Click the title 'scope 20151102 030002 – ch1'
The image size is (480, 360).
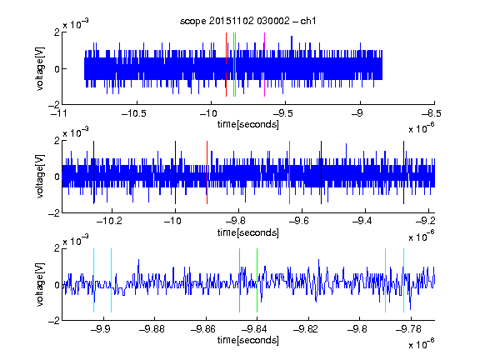(x=247, y=21)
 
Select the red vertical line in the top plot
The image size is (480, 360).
(x=226, y=65)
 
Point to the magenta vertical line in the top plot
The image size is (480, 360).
(x=264, y=65)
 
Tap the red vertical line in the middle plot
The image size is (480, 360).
(x=207, y=172)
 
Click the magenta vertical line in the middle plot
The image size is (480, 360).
(x=290, y=172)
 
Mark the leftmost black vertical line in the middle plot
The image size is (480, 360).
(x=93, y=172)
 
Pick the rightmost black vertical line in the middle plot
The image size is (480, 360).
(x=403, y=172)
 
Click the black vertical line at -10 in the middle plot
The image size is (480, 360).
(x=175, y=172)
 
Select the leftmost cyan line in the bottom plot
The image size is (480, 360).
(x=93, y=280)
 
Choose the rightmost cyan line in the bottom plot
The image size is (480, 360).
(x=403, y=280)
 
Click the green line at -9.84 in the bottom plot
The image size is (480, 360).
(x=257, y=280)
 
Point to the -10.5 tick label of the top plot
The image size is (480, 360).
(x=134, y=113)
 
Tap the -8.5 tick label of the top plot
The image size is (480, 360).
(x=432, y=113)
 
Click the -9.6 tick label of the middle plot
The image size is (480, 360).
(x=299, y=221)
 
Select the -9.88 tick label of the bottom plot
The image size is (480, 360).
(x=152, y=329)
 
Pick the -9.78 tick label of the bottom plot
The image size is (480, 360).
(x=408, y=329)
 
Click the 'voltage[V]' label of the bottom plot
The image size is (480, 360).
(x=40, y=285)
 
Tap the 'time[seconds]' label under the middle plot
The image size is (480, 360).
(x=248, y=233)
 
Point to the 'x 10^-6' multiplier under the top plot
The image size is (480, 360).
(x=422, y=128)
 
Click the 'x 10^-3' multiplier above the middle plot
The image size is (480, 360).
(x=76, y=132)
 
